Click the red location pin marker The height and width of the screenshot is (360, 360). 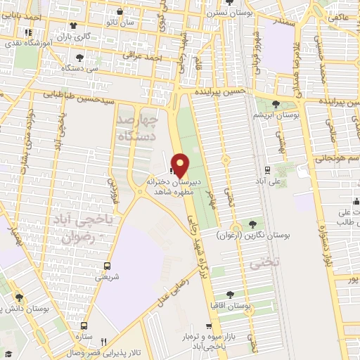point(180,165)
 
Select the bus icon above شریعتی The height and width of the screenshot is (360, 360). point(107,266)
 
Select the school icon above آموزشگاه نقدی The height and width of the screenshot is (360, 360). point(27,32)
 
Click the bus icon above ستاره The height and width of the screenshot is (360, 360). point(84,326)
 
